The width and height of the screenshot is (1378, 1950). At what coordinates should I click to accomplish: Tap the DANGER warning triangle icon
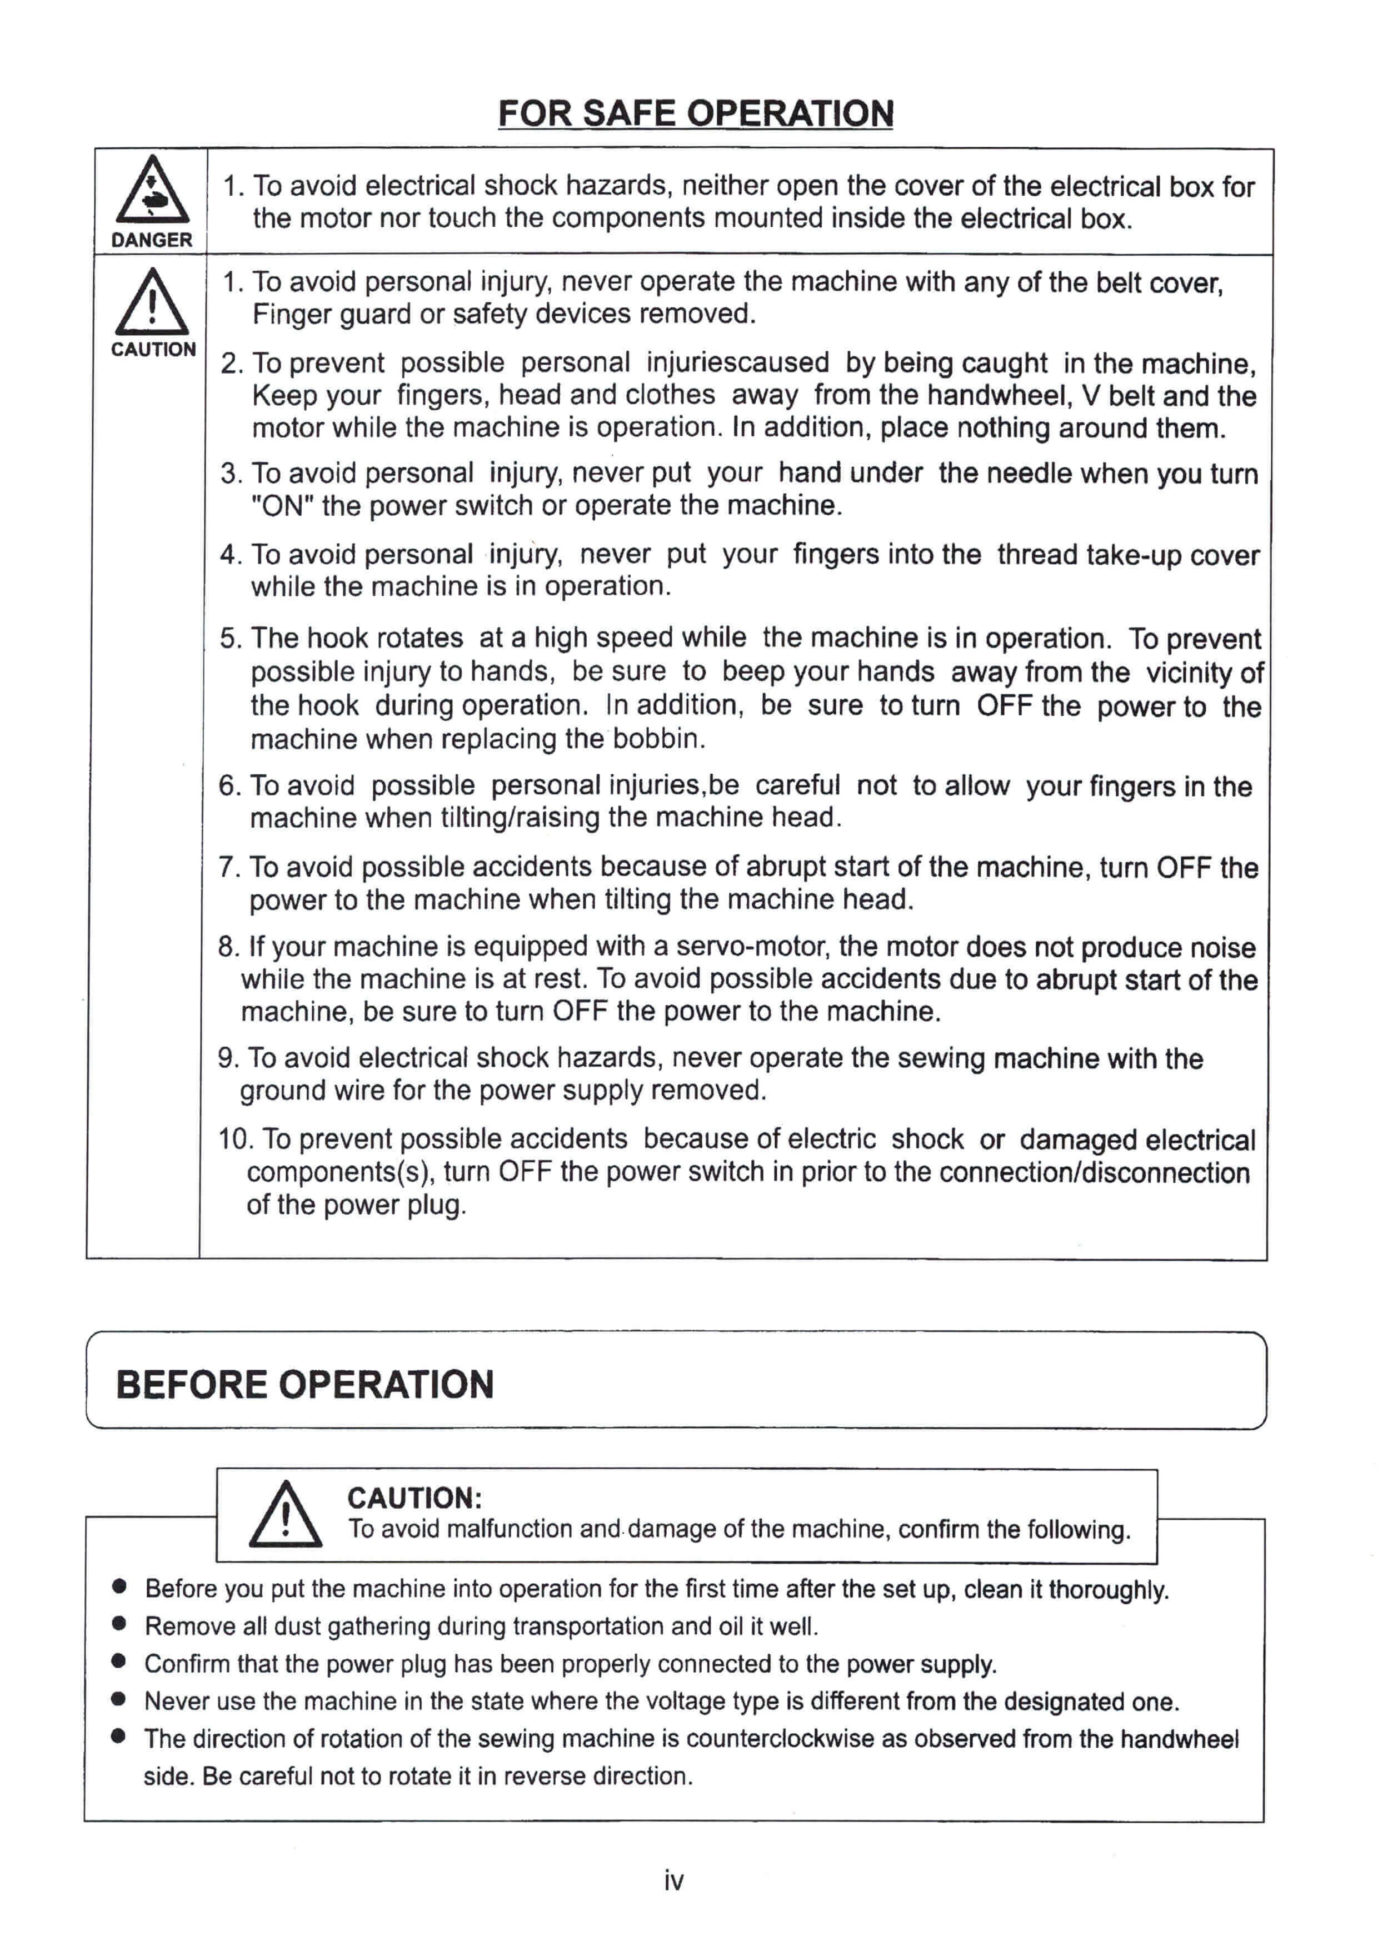[x=152, y=191]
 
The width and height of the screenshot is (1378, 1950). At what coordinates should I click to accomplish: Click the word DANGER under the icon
[x=152, y=240]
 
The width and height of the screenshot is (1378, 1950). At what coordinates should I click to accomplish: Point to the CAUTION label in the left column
[x=153, y=350]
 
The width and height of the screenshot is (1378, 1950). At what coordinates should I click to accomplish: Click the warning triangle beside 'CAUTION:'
[x=285, y=1515]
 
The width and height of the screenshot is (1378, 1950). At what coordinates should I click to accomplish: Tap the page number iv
[x=673, y=1881]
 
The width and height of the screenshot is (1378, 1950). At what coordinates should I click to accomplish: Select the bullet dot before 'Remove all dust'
[x=119, y=1625]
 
